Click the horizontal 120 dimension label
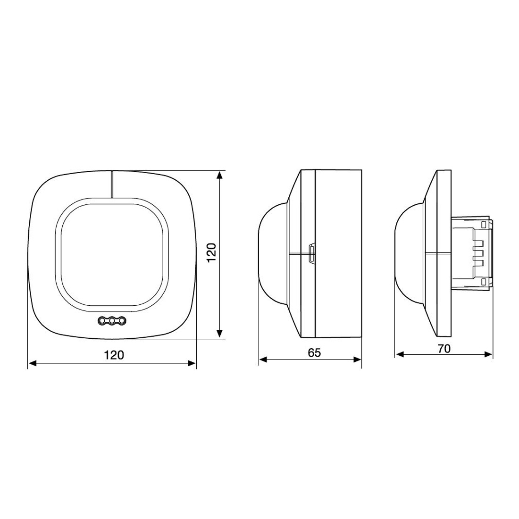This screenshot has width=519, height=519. pos(114,355)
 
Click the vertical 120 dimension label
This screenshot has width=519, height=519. pos(211,252)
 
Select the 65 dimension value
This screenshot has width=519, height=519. pos(314,352)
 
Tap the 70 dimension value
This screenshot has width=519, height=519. pos(444,348)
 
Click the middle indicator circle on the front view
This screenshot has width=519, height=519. pos(113,320)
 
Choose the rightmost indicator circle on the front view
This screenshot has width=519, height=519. pos(123,320)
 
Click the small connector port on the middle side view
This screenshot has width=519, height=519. pos(311,254)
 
